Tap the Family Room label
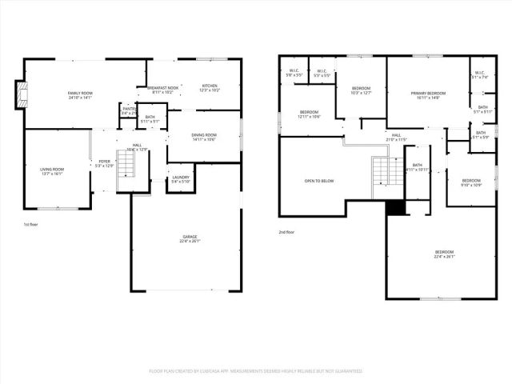(x=81, y=94)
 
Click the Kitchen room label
(x=210, y=86)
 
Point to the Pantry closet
(x=129, y=111)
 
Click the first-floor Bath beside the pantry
(x=150, y=119)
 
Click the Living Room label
(x=52, y=170)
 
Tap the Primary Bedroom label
(x=428, y=94)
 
